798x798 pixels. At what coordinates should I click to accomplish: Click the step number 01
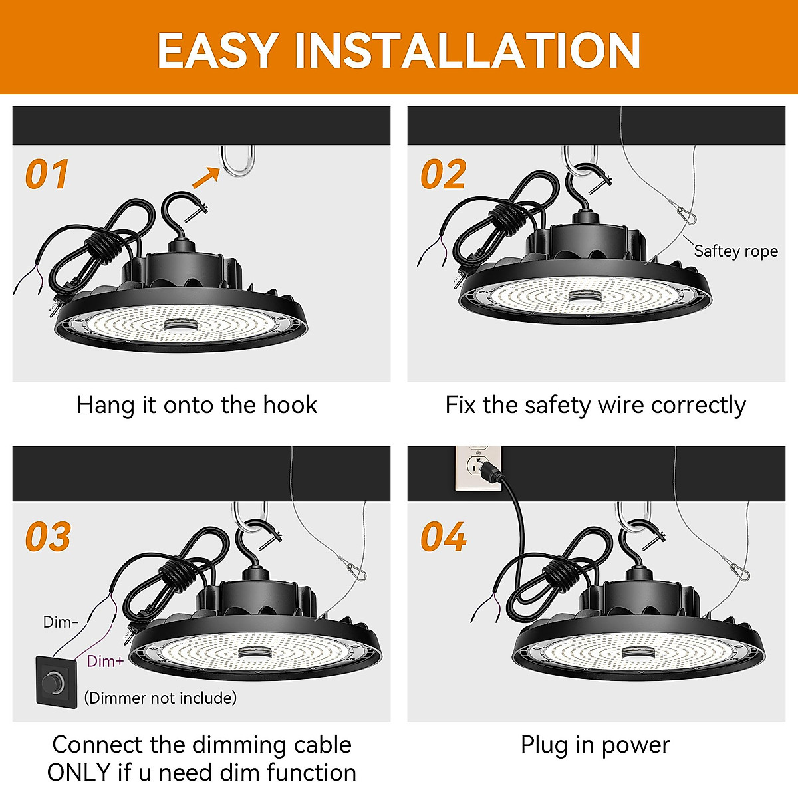47,174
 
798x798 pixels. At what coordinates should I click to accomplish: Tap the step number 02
443,174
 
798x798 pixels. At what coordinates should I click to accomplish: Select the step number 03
48,537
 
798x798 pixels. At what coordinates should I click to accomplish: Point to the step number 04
444,537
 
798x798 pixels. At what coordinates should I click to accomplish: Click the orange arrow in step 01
205,178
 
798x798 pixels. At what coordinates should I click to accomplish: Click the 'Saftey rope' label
735,251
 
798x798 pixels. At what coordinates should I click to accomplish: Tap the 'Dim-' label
61,622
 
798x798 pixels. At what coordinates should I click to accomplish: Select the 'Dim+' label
105,661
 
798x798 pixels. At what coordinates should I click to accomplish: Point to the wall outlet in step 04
476,468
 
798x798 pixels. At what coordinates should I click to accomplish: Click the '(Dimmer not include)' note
160,698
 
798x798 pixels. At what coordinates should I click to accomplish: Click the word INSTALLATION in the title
467,51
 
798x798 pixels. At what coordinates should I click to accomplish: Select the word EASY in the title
217,51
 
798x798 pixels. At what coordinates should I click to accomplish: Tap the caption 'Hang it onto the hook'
197,405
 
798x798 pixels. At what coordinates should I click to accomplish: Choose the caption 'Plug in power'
595,745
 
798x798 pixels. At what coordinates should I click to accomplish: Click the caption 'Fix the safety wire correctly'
595,405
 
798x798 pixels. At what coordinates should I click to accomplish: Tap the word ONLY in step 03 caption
79,773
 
